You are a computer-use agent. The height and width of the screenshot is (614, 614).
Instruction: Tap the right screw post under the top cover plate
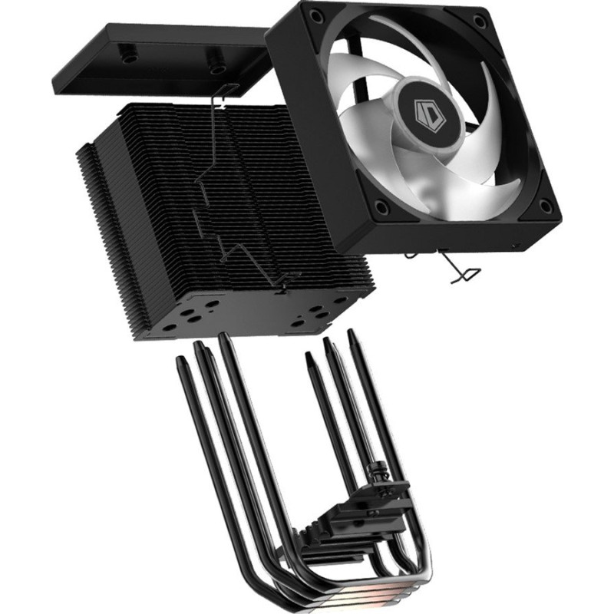point(217,56)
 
